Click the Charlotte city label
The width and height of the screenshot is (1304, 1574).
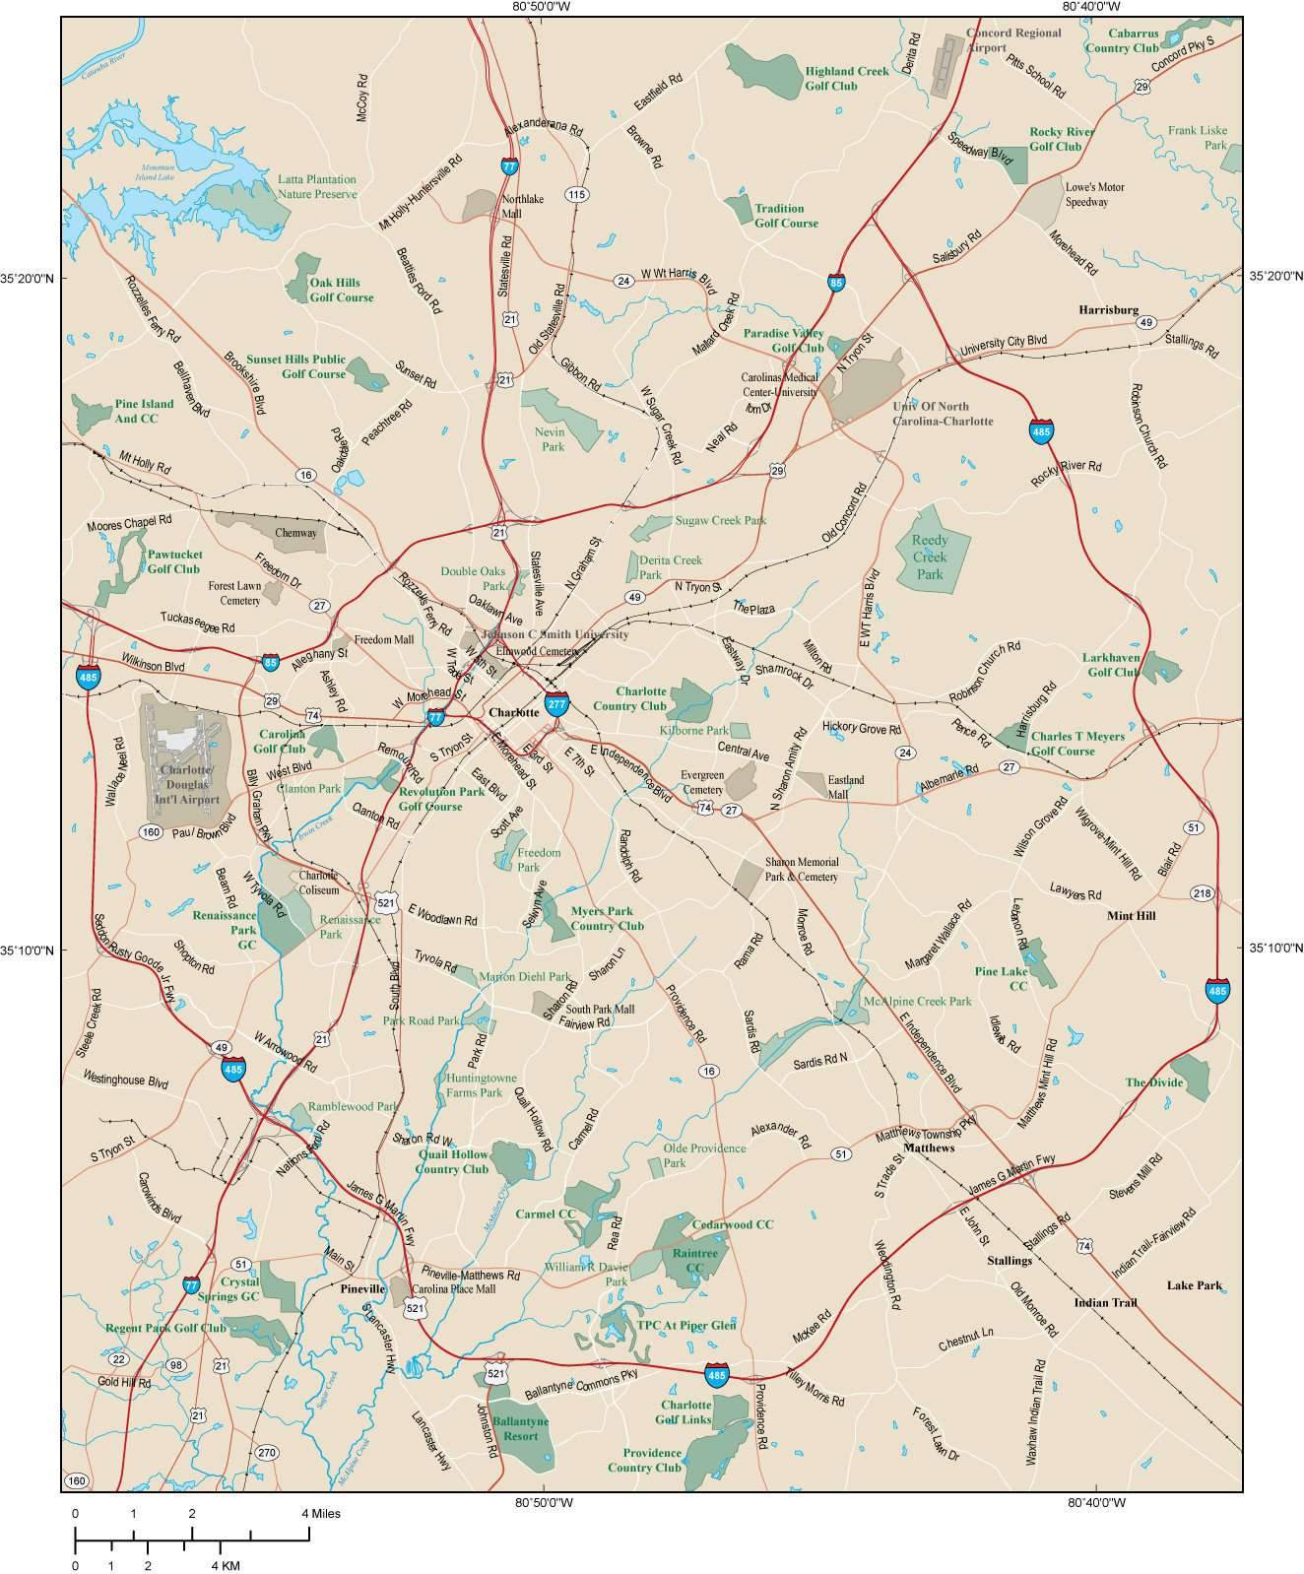[514, 711]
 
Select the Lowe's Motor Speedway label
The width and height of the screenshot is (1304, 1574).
[1094, 194]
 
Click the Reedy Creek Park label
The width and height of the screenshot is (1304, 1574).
[930, 557]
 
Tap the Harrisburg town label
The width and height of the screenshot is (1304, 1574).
[1108, 309]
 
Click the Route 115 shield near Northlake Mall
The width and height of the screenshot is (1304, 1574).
[577, 195]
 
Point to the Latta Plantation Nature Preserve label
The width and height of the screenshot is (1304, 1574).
[316, 187]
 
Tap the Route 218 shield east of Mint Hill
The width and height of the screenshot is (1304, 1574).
[1202, 893]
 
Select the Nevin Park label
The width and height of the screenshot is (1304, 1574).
[553, 438]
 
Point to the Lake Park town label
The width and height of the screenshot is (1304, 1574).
[1194, 1285]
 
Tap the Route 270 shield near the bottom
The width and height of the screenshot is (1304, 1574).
[266, 1452]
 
